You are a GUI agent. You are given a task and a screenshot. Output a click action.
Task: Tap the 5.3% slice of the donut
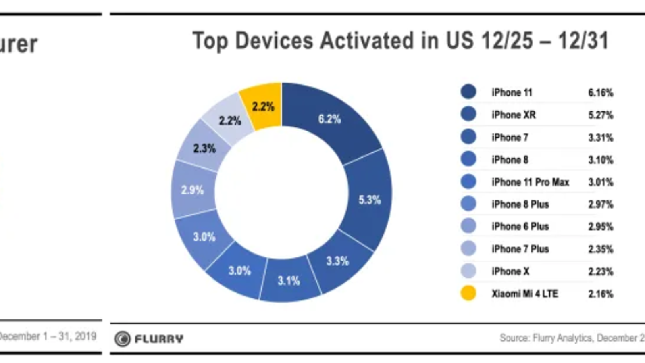coord(369,200)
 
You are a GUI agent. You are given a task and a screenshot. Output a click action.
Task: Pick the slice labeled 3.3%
coord(337,261)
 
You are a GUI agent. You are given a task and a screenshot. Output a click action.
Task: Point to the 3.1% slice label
coord(289,281)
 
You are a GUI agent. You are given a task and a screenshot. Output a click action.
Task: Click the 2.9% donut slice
coord(193,190)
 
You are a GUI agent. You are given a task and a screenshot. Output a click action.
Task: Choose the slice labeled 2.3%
coord(204,148)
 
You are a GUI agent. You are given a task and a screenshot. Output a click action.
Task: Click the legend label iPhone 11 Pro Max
coord(530,182)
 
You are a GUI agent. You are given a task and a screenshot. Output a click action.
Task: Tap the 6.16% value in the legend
coord(600,93)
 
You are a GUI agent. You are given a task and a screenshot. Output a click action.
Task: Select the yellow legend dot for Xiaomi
coord(468,293)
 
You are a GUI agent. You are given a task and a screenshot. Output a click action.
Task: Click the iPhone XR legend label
coord(514,115)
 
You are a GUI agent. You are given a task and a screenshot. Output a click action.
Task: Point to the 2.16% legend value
coord(600,294)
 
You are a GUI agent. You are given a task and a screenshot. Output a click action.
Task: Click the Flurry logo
coord(149,339)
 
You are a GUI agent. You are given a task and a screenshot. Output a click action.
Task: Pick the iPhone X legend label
coord(510,271)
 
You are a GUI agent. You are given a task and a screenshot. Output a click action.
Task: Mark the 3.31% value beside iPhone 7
coord(600,138)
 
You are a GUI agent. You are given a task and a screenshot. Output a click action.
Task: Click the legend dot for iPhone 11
coord(468,92)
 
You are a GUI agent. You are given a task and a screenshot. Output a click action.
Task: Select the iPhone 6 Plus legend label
coord(520,227)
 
